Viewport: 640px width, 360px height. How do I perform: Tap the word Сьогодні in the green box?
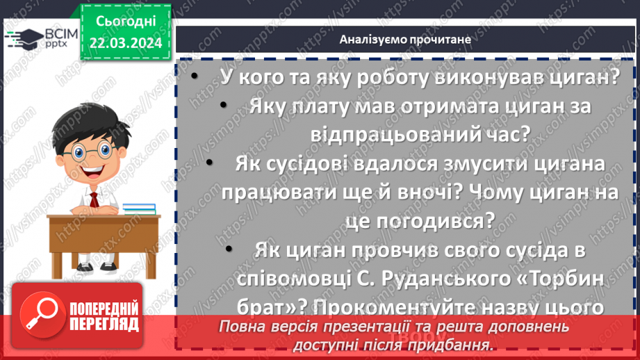125,22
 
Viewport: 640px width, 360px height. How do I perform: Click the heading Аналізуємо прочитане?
405,39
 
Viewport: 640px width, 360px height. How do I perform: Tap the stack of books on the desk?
140,208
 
